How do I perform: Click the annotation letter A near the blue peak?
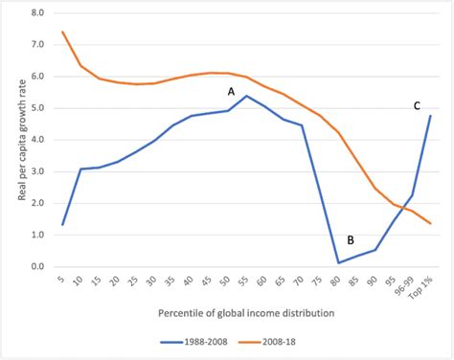(x=231, y=91)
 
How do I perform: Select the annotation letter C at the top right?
(x=417, y=105)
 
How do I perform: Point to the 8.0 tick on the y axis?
(x=37, y=13)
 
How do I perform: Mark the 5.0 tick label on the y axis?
(x=37, y=108)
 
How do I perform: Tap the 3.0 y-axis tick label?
(x=37, y=171)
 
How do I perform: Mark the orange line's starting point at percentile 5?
(x=62, y=32)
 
